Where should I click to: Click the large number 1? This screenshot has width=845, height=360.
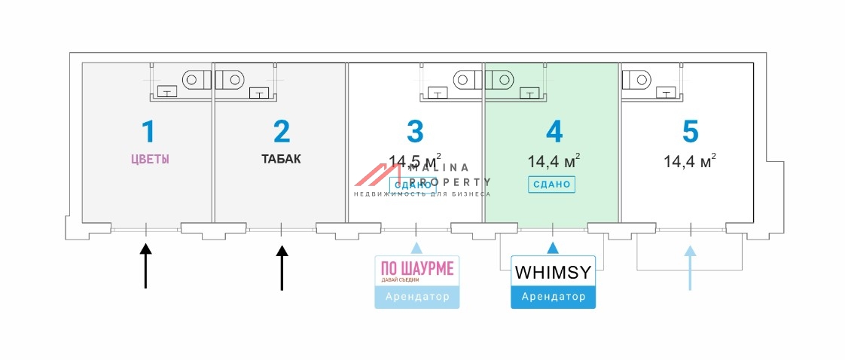coord(148,131)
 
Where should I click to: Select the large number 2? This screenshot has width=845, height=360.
coord(281,131)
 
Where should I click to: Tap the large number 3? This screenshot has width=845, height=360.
coord(415,131)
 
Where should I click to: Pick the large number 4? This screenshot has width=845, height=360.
coord(553,131)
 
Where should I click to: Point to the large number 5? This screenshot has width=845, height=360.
coord(690,131)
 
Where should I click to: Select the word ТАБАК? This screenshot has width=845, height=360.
coord(281,159)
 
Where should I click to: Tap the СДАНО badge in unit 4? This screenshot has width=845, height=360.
coord(552,184)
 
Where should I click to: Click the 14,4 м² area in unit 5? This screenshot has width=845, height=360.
coord(689,160)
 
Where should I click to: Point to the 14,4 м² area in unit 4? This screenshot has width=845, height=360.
coord(553,160)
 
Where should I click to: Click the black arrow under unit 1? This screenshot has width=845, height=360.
coord(146,264)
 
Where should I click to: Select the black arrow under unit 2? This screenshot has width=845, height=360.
coord(282,264)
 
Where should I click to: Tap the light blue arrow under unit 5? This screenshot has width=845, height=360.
coord(689,267)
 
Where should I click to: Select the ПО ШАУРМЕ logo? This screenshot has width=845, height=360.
coord(416,271)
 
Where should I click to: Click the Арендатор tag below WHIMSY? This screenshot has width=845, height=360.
coord(553,297)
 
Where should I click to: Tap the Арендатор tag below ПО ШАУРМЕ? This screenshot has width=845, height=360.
coord(416,297)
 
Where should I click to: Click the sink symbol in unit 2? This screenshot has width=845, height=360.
coord(258,93)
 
